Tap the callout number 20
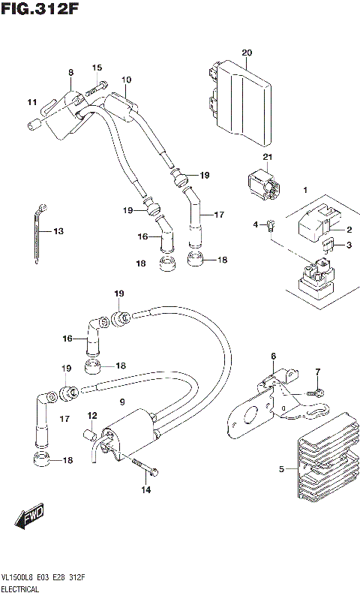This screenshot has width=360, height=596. pos(247,52)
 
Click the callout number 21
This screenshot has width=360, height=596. pos(244,156)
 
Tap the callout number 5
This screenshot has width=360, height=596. pos(282,469)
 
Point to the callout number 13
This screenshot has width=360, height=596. pos(58,231)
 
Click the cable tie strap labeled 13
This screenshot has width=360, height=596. pos(40,233)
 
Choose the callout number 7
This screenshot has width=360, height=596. pos(318,372)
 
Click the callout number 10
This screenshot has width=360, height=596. pos(126,80)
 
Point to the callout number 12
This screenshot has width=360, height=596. pos(92,415)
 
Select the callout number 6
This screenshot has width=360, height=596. pos(274,356)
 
